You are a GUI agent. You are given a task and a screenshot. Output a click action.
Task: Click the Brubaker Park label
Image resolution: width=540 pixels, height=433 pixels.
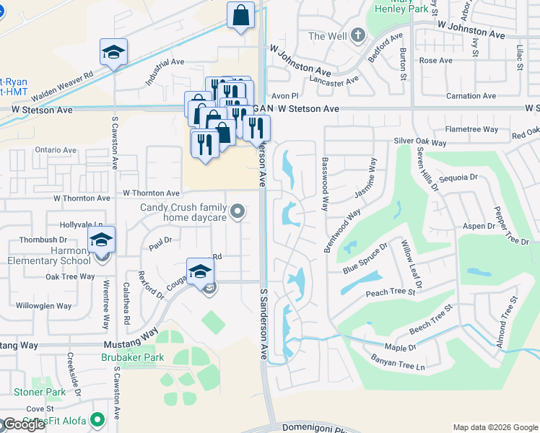(x=132, y=357)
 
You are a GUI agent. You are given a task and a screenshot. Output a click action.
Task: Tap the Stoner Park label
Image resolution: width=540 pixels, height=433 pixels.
(x=40, y=393)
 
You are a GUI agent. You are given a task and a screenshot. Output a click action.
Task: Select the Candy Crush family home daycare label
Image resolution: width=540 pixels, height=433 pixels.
(x=183, y=212)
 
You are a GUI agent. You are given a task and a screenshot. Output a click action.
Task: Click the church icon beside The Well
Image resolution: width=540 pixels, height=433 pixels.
(x=359, y=35)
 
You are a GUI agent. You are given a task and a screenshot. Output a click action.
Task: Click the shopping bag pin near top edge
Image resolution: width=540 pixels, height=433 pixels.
(x=240, y=15)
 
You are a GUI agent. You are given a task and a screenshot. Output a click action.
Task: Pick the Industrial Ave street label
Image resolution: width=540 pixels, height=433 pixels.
(x=166, y=70)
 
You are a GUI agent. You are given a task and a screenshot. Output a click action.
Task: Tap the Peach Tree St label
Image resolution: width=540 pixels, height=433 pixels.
(x=391, y=292)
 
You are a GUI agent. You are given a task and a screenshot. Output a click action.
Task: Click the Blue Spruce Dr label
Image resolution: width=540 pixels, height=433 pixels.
(x=365, y=257)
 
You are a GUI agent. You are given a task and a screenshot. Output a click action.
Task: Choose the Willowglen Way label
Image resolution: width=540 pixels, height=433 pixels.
(x=44, y=306)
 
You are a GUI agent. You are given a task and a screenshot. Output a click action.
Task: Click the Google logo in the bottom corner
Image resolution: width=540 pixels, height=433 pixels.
(x=24, y=424)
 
